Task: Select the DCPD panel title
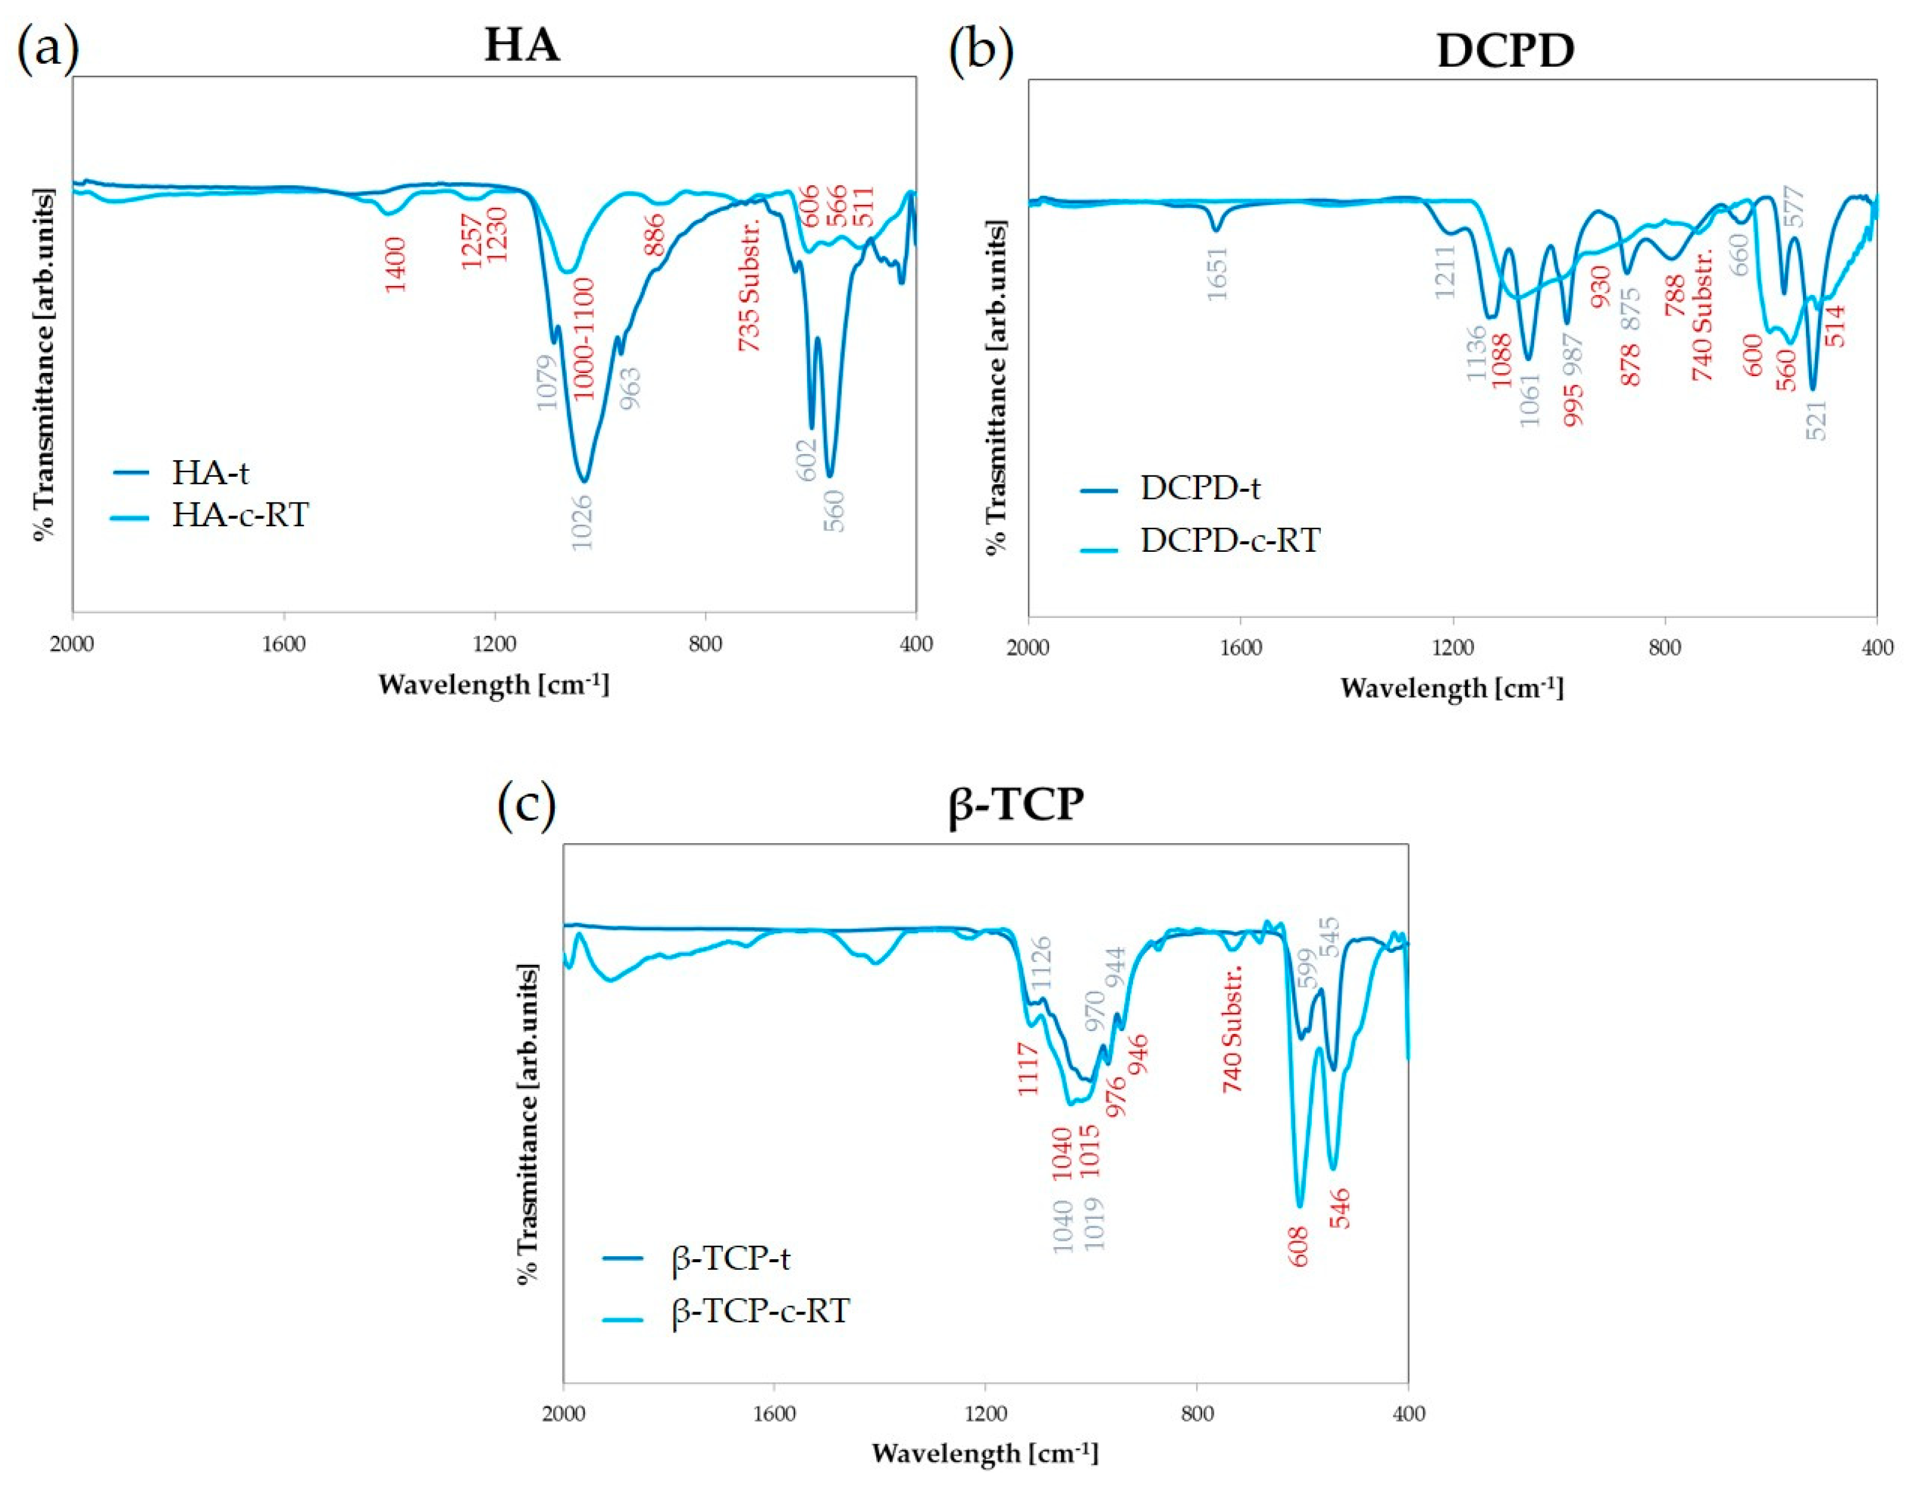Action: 1504,51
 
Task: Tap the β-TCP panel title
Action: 1016,803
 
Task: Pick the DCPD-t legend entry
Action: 1200,488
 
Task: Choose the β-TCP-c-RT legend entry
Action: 760,1312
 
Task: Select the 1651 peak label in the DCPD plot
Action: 1216,273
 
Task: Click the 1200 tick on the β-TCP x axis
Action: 985,1413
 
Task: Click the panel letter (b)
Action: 981,50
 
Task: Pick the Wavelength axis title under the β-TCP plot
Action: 985,1453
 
